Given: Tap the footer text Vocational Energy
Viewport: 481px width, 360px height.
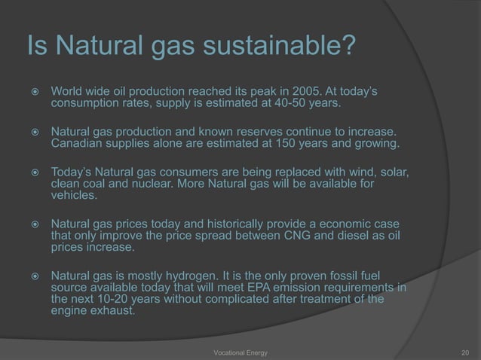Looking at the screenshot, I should (x=240, y=351).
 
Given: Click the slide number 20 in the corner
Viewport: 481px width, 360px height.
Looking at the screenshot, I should (x=464, y=351).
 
